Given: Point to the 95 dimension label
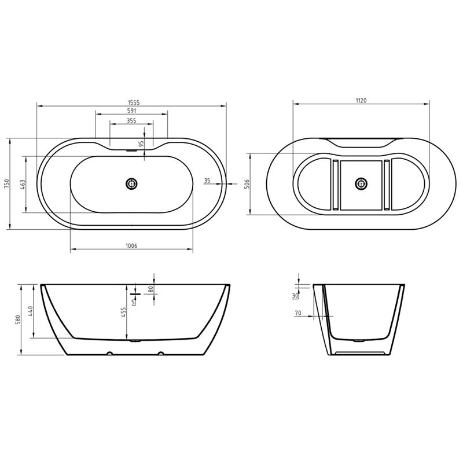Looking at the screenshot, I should (141, 144).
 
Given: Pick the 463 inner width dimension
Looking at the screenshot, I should (22, 185).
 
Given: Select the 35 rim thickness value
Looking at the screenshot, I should (207, 181).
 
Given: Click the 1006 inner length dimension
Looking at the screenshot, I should (131, 246).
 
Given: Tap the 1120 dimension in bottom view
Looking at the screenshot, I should (361, 100).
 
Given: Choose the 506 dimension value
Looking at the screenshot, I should (247, 184).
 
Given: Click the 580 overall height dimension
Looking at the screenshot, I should (17, 319).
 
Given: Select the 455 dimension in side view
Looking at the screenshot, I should (123, 312).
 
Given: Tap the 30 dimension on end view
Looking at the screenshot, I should (295, 296).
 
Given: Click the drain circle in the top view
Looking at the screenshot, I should (132, 183).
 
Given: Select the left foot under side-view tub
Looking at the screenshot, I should (108, 353).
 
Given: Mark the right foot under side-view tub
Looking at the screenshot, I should (160, 353).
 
